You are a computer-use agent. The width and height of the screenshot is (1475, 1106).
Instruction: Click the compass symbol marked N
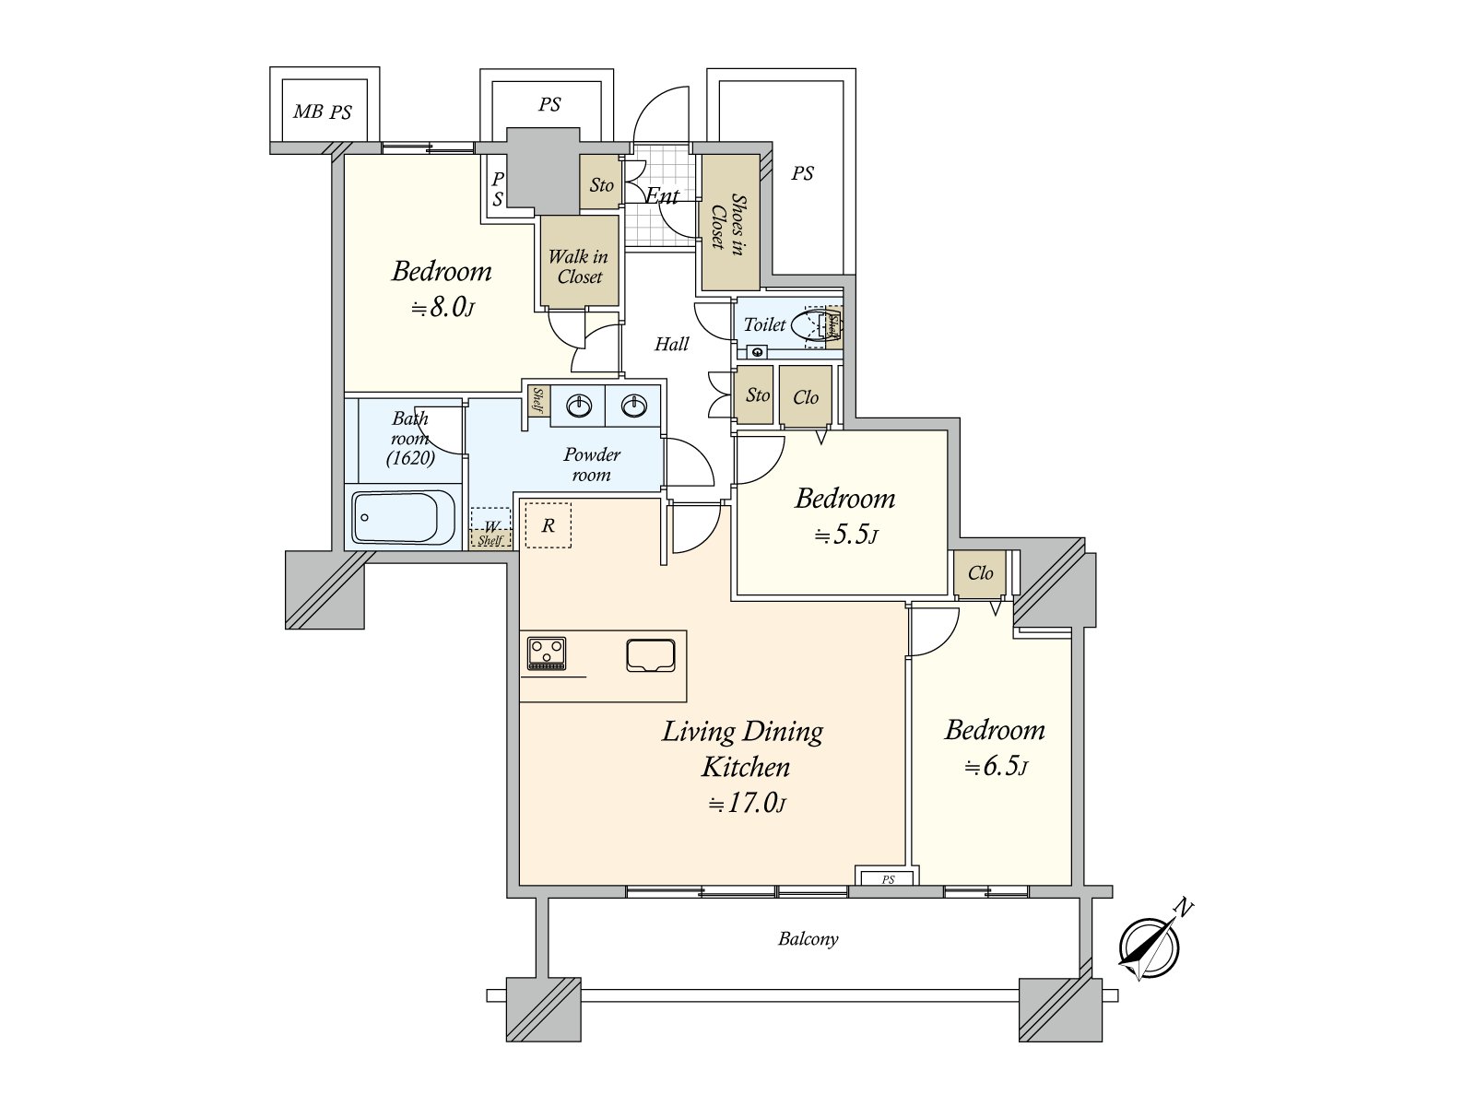1149,947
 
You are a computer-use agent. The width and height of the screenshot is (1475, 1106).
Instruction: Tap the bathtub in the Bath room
403,517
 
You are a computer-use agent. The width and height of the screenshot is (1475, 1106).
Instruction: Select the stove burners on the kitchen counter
546,653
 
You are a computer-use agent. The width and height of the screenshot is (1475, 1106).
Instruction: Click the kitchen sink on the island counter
651,654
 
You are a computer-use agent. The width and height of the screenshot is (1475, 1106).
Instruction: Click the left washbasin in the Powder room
579,406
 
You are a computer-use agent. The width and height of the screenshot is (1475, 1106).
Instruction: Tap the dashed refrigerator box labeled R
548,525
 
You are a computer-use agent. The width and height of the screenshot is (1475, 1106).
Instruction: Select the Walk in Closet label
579,266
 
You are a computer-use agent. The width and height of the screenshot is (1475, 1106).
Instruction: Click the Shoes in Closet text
728,221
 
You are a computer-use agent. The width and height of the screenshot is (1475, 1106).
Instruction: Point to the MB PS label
323,112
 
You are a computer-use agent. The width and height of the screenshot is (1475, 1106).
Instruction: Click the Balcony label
808,939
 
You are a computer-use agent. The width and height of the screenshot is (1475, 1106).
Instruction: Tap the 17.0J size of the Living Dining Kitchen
748,804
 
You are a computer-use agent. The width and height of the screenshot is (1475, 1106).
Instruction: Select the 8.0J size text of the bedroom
442,308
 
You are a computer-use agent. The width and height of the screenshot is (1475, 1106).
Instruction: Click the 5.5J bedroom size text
845,535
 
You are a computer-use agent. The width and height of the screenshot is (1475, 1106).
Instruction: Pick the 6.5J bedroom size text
996,767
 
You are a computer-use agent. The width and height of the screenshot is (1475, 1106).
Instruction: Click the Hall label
671,344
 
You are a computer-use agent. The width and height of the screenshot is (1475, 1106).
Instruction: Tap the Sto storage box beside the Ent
601,185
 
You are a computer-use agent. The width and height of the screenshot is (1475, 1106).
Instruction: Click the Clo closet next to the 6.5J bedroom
980,573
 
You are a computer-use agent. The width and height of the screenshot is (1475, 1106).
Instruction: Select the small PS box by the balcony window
887,878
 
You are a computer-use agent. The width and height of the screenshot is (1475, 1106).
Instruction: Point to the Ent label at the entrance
661,195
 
